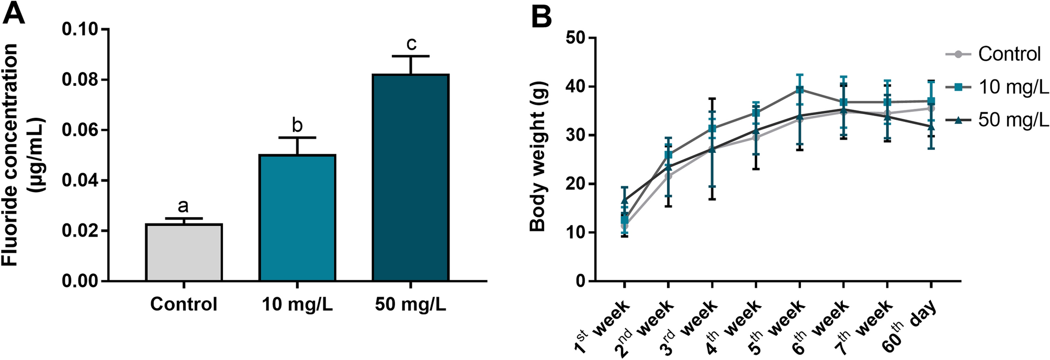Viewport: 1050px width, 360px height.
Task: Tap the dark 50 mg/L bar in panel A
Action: [x=411, y=178]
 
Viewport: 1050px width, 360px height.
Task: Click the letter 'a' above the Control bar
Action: [x=183, y=206]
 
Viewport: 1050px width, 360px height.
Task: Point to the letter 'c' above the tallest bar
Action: [x=411, y=43]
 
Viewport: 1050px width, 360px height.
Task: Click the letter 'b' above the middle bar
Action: [x=297, y=125]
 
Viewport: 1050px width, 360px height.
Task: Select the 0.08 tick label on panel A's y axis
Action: [x=82, y=80]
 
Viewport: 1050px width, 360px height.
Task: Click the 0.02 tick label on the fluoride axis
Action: [x=82, y=231]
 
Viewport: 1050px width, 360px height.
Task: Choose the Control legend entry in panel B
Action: [x=1009, y=54]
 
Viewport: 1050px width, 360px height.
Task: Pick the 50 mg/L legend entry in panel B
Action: [x=1013, y=120]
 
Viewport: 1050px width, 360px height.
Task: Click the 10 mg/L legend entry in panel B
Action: [x=1013, y=87]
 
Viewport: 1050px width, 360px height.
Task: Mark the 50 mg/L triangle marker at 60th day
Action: [x=931, y=127]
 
